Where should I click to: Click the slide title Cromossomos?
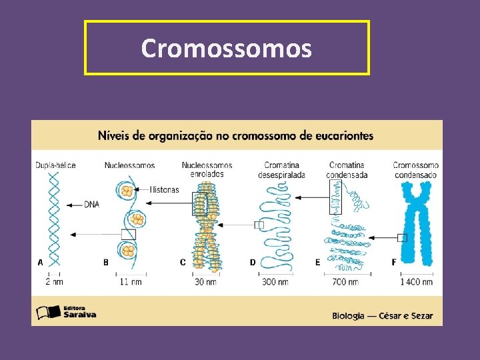click(x=226, y=48)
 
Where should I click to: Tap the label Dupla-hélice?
click(x=55, y=165)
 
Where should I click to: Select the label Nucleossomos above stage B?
click(x=129, y=165)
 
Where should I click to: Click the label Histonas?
click(x=165, y=189)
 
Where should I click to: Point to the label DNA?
click(x=91, y=205)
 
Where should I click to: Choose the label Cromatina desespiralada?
click(x=281, y=170)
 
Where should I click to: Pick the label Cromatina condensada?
click(x=347, y=170)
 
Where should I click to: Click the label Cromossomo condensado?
click(x=415, y=170)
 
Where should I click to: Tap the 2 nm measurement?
click(x=55, y=282)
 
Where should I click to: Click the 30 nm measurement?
click(x=205, y=282)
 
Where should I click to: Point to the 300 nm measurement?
click(x=275, y=282)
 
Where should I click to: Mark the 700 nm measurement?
click(x=345, y=282)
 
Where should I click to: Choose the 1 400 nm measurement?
click(x=417, y=282)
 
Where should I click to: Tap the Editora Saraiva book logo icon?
click(x=46, y=311)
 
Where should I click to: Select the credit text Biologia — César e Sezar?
click(x=383, y=315)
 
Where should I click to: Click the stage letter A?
click(x=40, y=262)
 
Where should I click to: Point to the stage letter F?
click(x=393, y=262)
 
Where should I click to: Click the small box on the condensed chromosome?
click(x=402, y=237)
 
